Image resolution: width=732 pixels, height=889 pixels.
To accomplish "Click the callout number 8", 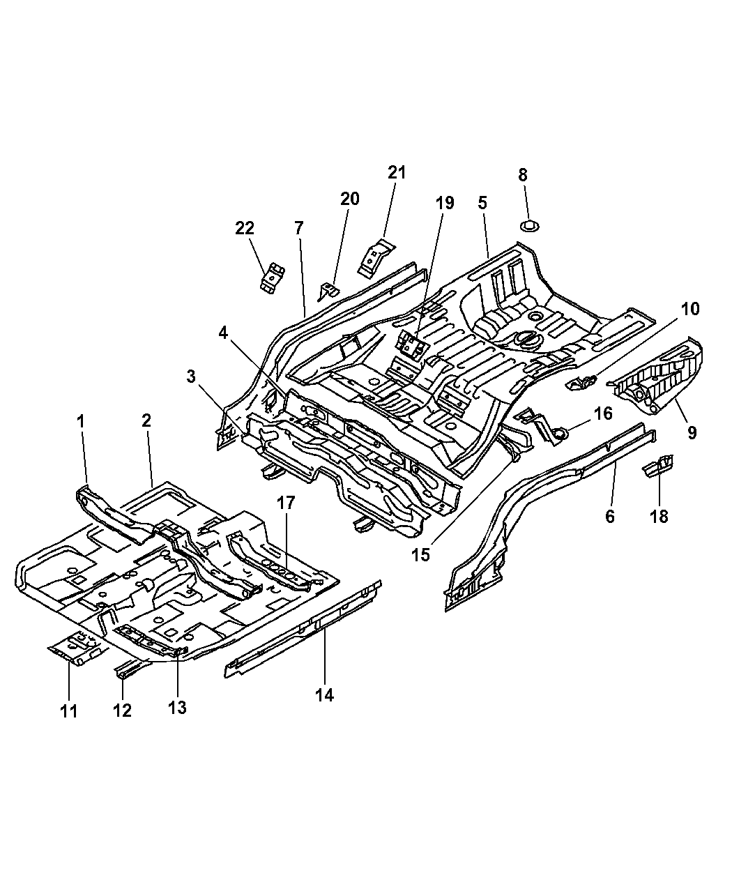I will (x=523, y=175).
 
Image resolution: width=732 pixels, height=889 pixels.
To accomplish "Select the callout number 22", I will (x=245, y=228).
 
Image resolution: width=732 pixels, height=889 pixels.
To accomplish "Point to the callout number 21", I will (x=396, y=172).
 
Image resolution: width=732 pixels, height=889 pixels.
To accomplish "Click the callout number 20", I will (x=349, y=199).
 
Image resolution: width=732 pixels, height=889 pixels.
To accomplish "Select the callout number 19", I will (x=444, y=203).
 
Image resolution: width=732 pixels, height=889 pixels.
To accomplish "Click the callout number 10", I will (x=690, y=309).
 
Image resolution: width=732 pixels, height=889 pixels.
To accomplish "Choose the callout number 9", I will (x=692, y=433).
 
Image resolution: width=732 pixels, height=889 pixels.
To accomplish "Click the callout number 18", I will (x=659, y=516).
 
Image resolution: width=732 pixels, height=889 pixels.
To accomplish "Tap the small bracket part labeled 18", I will (x=659, y=464).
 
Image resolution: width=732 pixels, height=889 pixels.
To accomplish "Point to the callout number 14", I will (x=325, y=694).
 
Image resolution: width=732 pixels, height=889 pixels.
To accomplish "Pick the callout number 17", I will (x=287, y=503).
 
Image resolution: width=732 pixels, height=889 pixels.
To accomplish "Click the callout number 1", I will (x=82, y=420).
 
